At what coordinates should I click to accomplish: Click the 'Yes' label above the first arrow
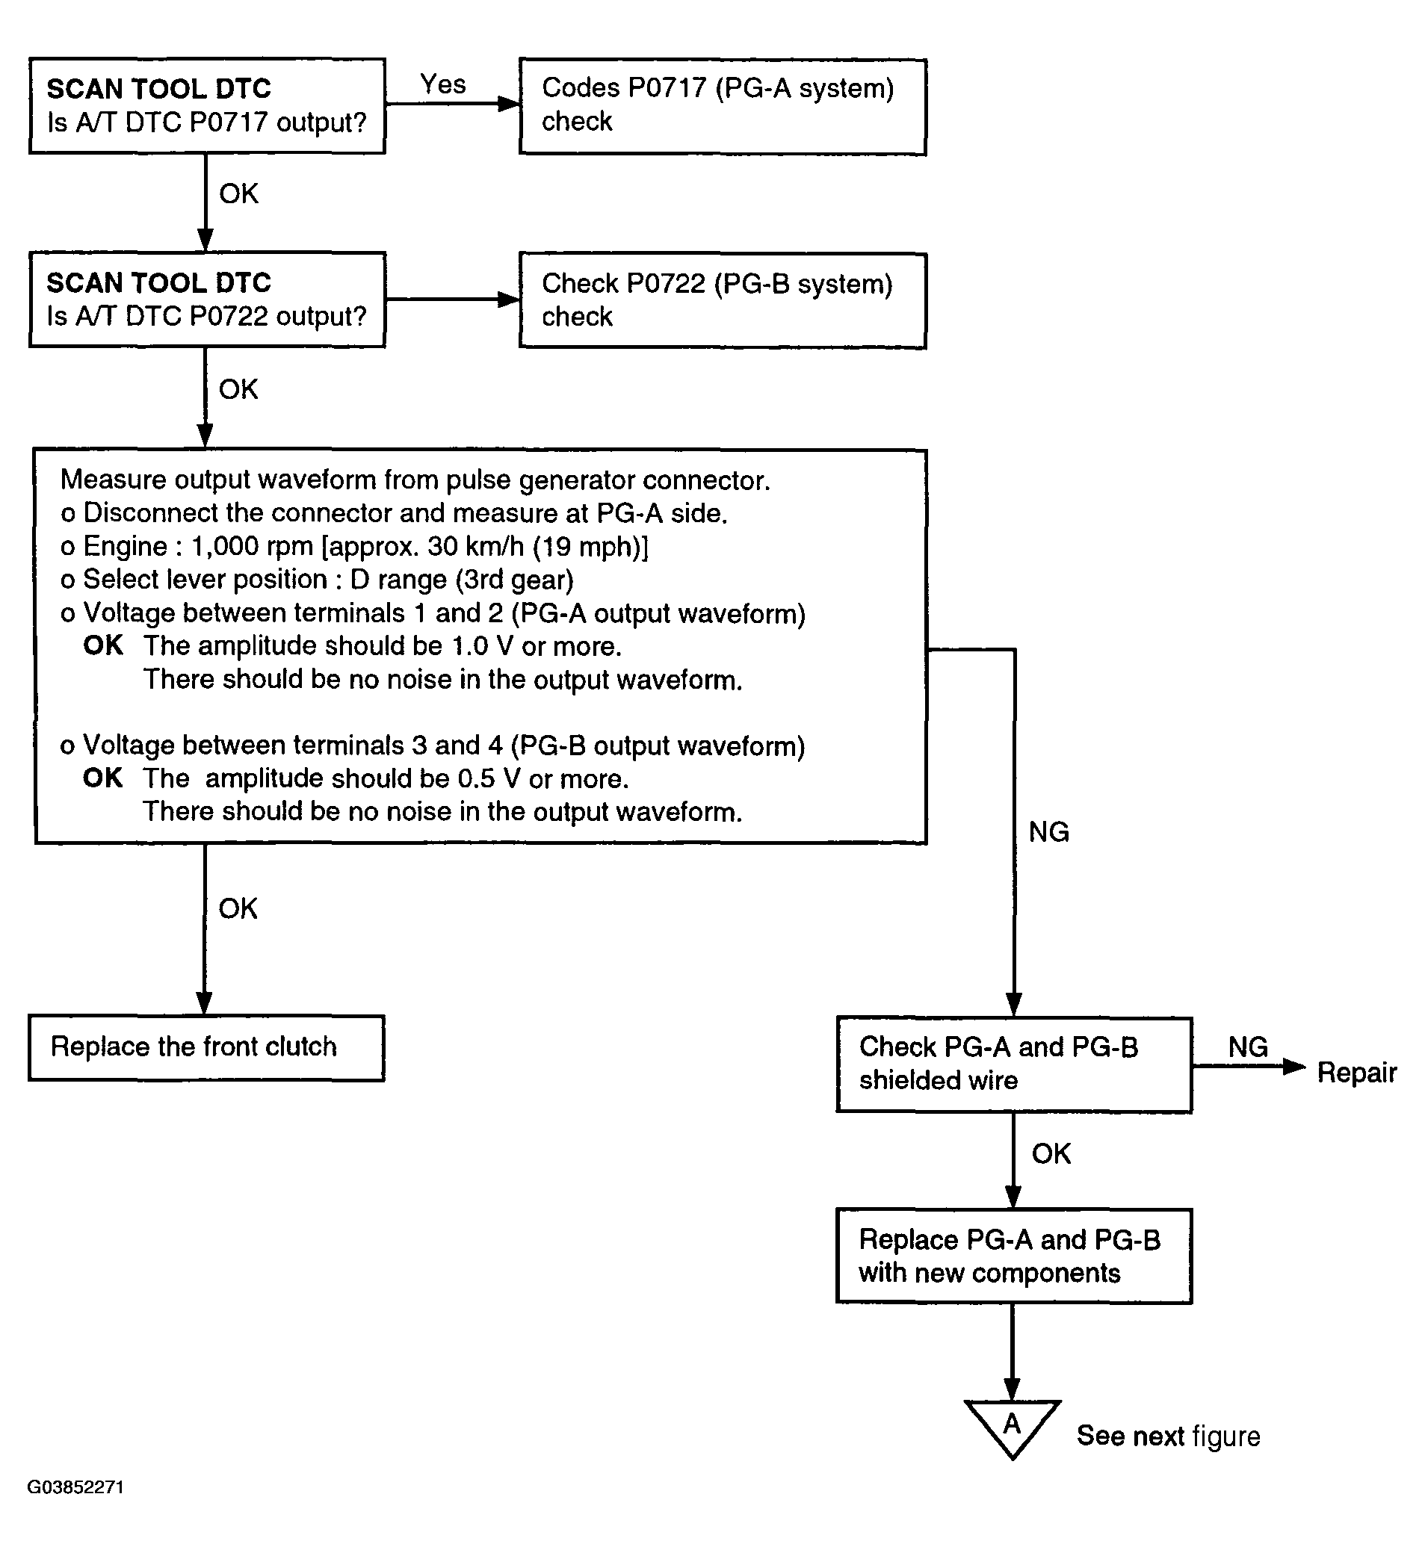pos(442,84)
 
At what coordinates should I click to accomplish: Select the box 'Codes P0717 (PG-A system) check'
pos(723,106)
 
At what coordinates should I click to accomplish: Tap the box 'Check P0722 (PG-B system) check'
pos(723,300)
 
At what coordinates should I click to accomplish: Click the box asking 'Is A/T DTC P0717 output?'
pos(207,105)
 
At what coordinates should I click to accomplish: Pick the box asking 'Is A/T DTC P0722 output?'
pos(207,299)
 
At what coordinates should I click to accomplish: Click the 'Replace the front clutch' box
pos(206,1048)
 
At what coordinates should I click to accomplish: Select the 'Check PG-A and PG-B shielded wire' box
pos(1014,1064)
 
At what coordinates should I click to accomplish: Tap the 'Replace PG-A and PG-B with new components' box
pos(1014,1256)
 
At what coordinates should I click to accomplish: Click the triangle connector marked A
pos(1013,1426)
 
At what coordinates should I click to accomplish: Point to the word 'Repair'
pos(1356,1072)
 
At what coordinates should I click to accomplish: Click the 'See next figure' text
pos(1168,1436)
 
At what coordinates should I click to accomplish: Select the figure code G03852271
pos(75,1487)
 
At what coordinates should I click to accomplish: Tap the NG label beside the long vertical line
pos(1048,831)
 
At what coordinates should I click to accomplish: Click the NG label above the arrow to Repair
pos(1248,1047)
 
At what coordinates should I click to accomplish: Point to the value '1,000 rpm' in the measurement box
pos(252,547)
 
